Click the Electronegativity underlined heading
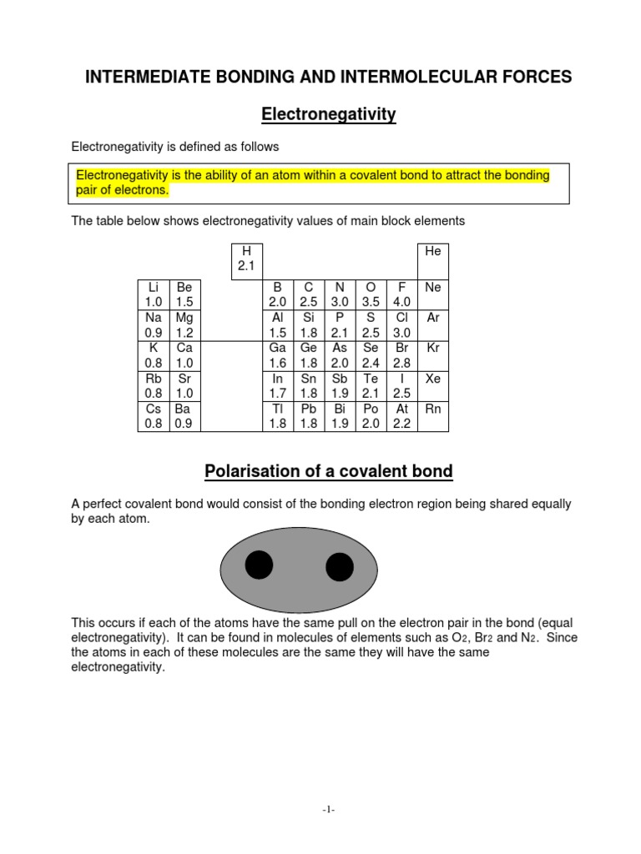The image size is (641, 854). coord(328,113)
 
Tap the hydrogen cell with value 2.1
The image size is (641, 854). coord(245,259)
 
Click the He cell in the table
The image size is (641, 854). coord(432,259)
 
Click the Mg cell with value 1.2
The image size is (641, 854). coord(184,325)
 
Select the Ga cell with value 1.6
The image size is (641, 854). coord(277,355)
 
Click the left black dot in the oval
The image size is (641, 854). coord(259,565)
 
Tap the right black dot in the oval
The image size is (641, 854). coord(339,567)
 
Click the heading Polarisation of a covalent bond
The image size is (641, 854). coord(328,471)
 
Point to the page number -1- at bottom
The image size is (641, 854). coord(327,809)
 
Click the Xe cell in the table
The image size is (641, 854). coord(432,385)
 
